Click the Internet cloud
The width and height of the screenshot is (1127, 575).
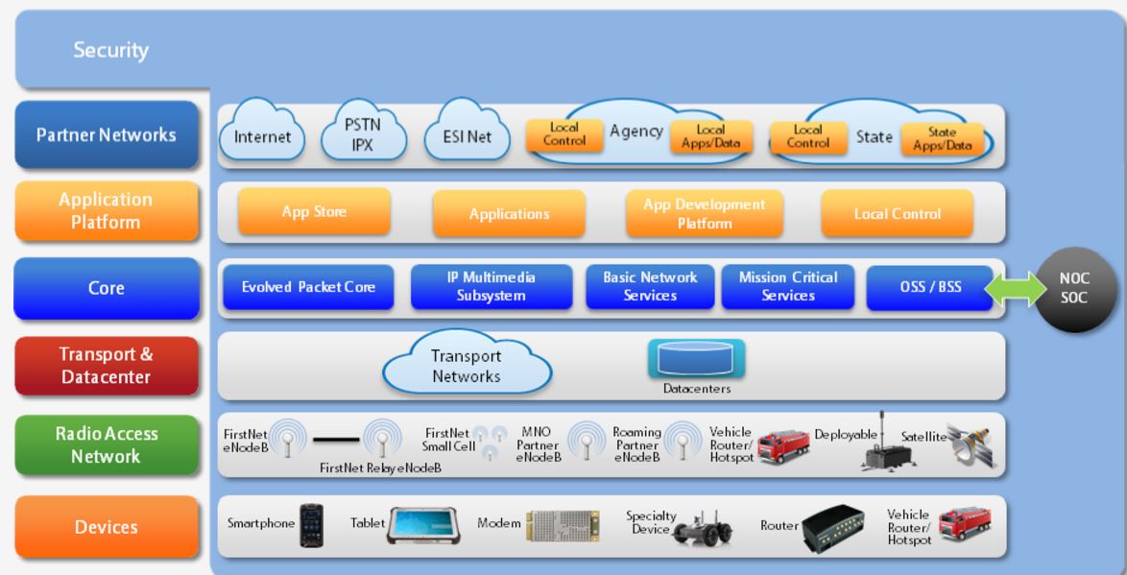[263, 137]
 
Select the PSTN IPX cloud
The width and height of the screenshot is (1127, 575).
[363, 134]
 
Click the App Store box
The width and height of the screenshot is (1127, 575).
[314, 212]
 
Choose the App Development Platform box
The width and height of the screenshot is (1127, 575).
[704, 213]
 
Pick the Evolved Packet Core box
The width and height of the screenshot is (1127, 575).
[308, 287]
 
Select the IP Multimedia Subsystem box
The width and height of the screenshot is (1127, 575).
[492, 286]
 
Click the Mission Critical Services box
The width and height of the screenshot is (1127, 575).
[788, 286]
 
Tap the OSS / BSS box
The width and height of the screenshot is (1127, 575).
[928, 287]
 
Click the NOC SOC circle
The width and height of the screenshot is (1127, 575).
[1073, 288]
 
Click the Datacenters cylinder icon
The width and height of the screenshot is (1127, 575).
[696, 360]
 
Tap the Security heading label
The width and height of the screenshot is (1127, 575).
[110, 50]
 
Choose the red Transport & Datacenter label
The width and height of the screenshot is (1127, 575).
[106, 366]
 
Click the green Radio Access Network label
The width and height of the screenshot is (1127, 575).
[106, 445]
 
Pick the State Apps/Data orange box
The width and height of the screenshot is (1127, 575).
[948, 139]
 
